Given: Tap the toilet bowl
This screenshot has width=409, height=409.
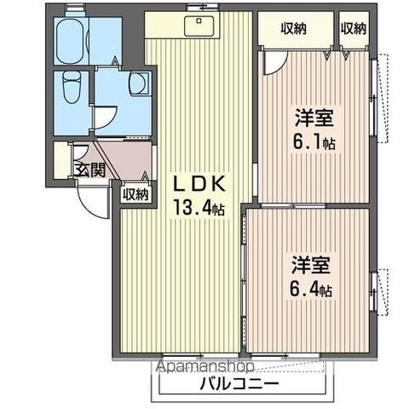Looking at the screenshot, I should (72, 86).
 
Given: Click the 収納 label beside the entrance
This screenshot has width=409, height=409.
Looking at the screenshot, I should (135, 193).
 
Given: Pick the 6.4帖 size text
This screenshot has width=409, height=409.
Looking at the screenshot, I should (309, 289).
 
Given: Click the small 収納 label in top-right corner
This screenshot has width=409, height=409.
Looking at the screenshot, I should (354, 27).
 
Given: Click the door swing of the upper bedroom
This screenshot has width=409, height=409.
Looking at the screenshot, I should (274, 60).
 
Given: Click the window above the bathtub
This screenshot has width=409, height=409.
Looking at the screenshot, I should (74, 11).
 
